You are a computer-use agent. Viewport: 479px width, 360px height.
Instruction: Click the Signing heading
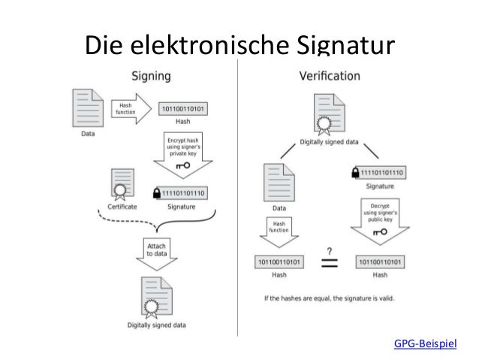click(x=151, y=76)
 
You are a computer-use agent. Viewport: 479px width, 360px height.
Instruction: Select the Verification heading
click(x=329, y=76)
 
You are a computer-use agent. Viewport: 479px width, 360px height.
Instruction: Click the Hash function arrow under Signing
click(x=128, y=109)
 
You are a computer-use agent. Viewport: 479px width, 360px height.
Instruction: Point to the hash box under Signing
click(x=182, y=110)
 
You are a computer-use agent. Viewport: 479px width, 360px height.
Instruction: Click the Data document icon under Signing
click(x=88, y=109)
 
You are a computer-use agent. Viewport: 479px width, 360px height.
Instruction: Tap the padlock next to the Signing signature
click(x=156, y=192)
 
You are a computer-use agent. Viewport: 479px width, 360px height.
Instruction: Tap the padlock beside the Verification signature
click(x=354, y=172)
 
